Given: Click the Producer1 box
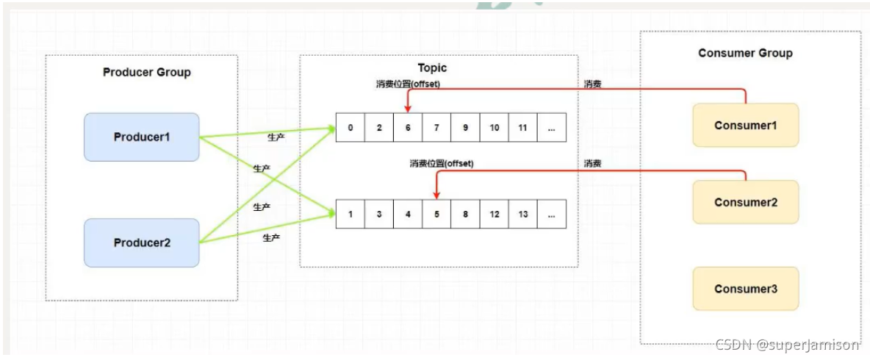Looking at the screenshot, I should pyautogui.click(x=141, y=137).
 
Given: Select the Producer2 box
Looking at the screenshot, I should pyautogui.click(x=141, y=242).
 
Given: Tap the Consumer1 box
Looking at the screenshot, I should pyautogui.click(x=745, y=126).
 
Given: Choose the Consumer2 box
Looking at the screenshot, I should pyautogui.click(x=745, y=202).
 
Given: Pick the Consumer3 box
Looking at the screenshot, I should pyautogui.click(x=745, y=289).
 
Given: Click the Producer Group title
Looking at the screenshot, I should pyautogui.click(x=146, y=72).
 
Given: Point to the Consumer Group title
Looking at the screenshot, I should pyautogui.click(x=745, y=53).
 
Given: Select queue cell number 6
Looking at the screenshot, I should pyautogui.click(x=408, y=128).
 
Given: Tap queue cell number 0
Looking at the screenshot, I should pyautogui.click(x=350, y=128).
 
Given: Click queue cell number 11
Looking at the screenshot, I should pyautogui.click(x=522, y=128).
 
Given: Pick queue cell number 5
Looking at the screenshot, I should pyautogui.click(x=436, y=215).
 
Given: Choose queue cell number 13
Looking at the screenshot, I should pyautogui.click(x=522, y=215).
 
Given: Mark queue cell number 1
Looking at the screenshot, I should pyautogui.click(x=350, y=215).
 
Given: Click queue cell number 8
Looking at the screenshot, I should pyautogui.click(x=465, y=215).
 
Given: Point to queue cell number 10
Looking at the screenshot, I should pyautogui.click(x=494, y=128).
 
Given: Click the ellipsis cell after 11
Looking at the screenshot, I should pyautogui.click(x=551, y=128).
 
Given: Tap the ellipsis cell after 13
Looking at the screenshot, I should pyautogui.click(x=551, y=215).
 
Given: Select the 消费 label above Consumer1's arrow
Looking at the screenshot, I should pyautogui.click(x=593, y=84).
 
